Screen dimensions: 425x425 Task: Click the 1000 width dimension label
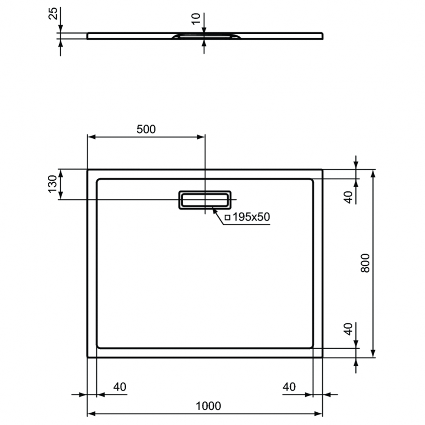[x=208, y=406]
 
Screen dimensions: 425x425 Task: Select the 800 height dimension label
[x=365, y=263]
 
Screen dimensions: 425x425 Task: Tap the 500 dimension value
[x=146, y=129]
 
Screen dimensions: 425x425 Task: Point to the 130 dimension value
[x=53, y=184]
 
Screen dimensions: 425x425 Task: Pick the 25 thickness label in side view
[x=53, y=14]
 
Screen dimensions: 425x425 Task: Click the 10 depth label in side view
[x=196, y=19]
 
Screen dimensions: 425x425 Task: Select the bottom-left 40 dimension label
[x=120, y=387]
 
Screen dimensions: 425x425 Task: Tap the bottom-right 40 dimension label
[x=289, y=387]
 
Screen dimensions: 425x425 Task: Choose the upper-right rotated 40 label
[x=349, y=197]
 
